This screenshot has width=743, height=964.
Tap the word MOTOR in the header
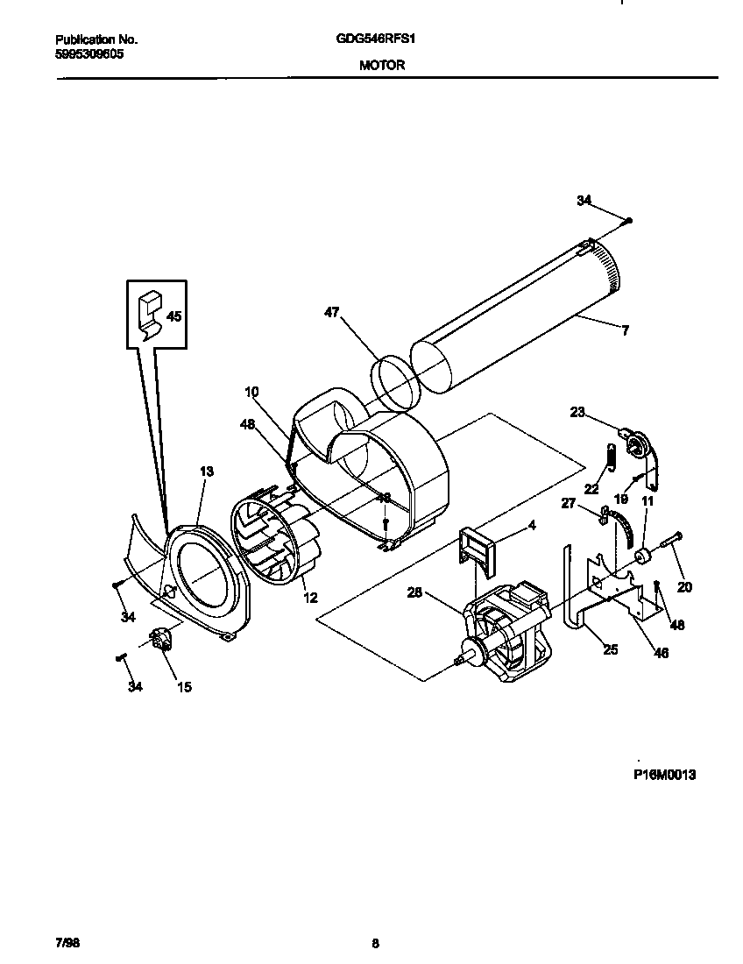382,64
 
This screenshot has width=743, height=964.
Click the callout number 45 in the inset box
174,316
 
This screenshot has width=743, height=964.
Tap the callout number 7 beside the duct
625,330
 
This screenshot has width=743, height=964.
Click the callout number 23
577,411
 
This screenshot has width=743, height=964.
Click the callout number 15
184,687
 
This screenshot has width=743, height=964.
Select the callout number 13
206,471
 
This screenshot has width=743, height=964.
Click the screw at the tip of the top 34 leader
629,220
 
